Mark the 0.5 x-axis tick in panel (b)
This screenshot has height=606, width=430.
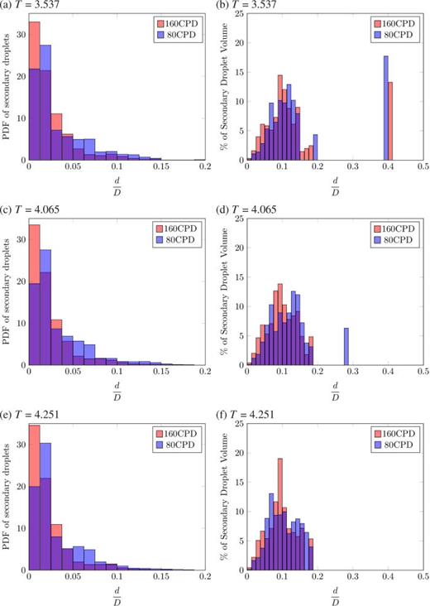click(x=422, y=166)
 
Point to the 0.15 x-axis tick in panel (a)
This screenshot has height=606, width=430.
click(x=161, y=166)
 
